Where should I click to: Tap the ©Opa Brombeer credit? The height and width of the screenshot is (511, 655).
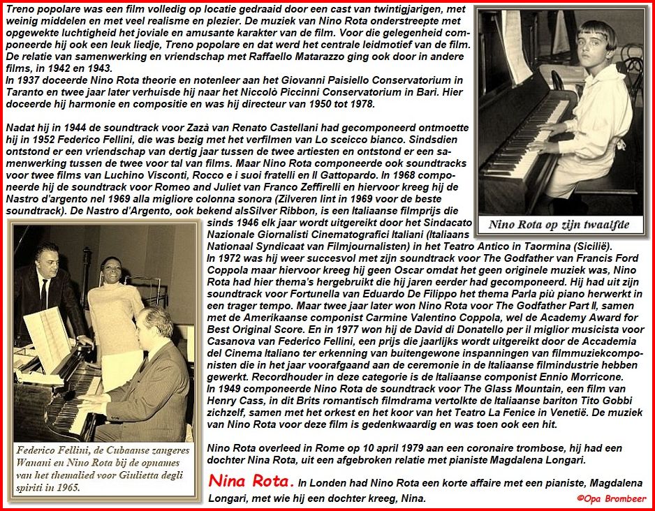click(611, 498)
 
